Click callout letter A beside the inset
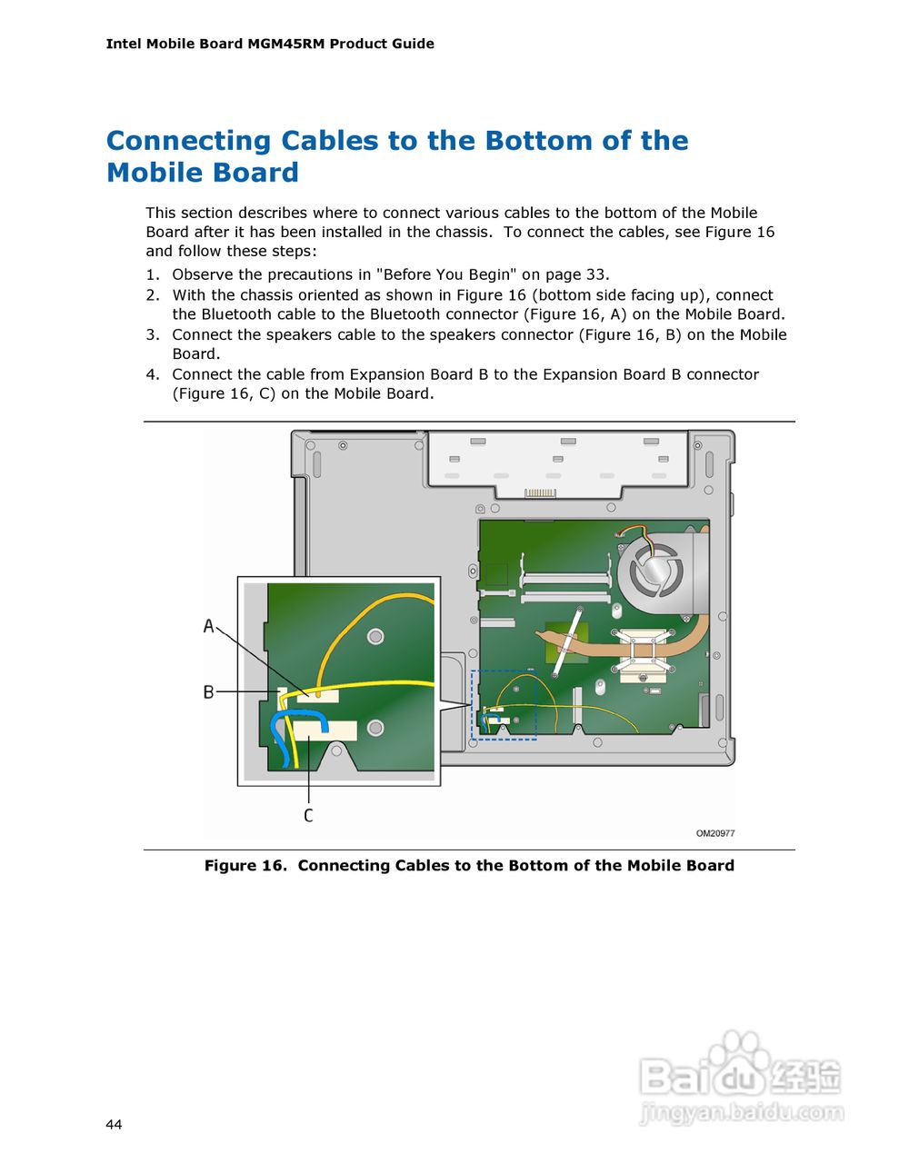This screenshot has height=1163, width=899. coord(208,626)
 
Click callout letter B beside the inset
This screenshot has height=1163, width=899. coord(208,692)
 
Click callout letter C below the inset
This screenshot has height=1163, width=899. coord(308,816)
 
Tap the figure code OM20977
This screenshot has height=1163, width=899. coord(715,833)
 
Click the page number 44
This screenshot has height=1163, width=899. coord(114,1125)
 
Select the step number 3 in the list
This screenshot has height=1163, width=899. coord(152,334)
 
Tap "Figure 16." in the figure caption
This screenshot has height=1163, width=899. coord(245,866)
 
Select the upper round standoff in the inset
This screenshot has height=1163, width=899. coord(375,636)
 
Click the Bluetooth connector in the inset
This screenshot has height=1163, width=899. coord(318,695)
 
